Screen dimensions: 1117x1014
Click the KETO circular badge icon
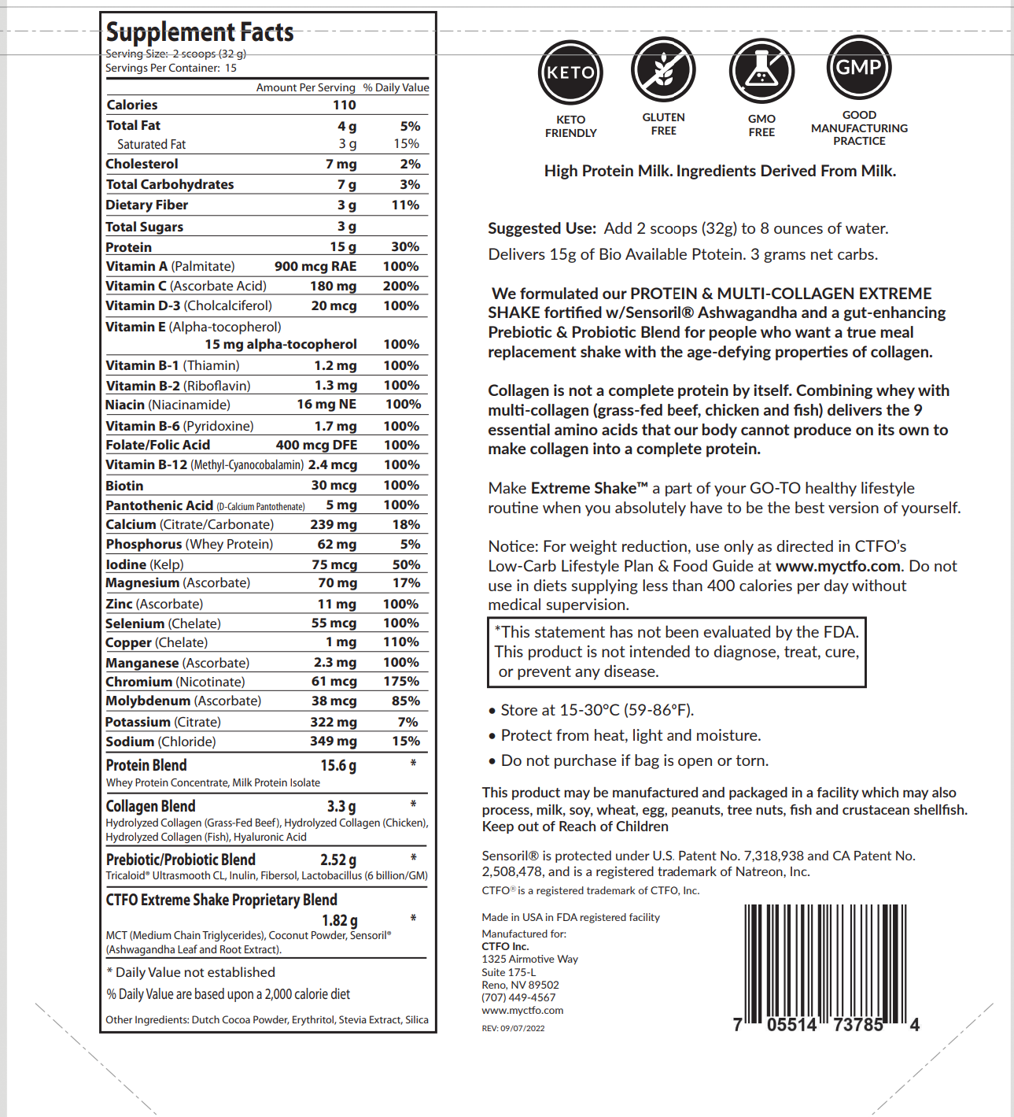[x=570, y=72]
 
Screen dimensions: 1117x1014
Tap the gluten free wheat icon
[x=663, y=69]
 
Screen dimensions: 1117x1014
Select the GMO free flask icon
[x=761, y=71]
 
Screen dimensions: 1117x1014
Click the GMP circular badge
[x=859, y=68]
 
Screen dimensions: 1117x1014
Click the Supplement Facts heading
[x=200, y=32]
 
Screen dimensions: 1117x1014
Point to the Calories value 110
[x=344, y=105]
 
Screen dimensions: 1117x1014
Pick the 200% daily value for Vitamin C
[x=401, y=287]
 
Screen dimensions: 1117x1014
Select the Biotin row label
[x=124, y=486]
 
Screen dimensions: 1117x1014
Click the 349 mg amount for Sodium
[x=333, y=742]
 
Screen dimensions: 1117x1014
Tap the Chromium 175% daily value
[x=401, y=682]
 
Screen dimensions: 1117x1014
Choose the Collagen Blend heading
[x=150, y=806]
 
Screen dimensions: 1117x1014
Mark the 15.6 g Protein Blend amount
[x=338, y=765]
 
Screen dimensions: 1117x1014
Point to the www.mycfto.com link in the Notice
[x=838, y=566]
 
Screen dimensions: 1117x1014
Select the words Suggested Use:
[x=542, y=228]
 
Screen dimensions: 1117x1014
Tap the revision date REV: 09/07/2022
[x=513, y=1028]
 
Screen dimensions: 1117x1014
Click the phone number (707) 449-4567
[x=518, y=997]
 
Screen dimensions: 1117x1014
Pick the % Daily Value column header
[x=396, y=87]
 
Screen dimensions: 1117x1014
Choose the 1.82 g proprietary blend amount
[x=339, y=920]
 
